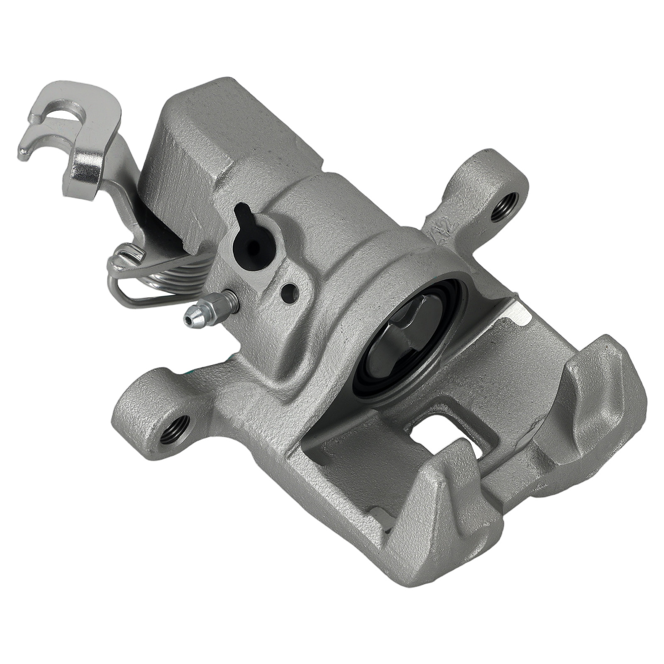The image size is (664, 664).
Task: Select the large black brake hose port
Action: [x=254, y=247]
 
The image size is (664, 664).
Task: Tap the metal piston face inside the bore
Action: [x=405, y=336]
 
